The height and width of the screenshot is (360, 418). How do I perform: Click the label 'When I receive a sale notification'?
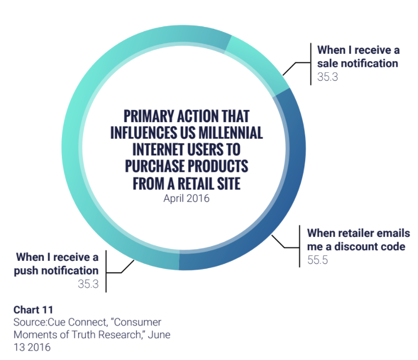click(x=358, y=57)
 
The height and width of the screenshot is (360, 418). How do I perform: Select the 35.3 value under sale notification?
click(x=328, y=77)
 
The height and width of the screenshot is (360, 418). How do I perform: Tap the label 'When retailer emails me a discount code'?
click(x=358, y=240)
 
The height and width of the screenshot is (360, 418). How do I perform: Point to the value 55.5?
click(x=317, y=260)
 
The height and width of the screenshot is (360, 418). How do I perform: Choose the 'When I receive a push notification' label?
click(x=56, y=264)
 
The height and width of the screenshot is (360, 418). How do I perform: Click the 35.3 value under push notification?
click(x=88, y=284)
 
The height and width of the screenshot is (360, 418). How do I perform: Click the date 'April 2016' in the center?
click(x=187, y=198)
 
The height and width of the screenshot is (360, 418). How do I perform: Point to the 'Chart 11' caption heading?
click(x=33, y=310)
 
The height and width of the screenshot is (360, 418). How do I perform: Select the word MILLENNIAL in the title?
click(x=230, y=133)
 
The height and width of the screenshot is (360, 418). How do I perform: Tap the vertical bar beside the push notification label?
click(x=106, y=271)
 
